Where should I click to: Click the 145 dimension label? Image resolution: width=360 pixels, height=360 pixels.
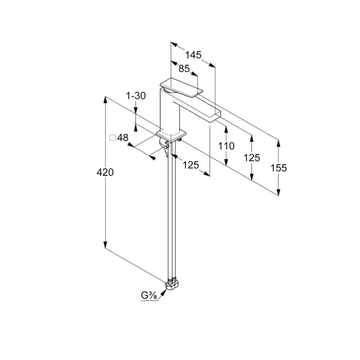tap(193, 55)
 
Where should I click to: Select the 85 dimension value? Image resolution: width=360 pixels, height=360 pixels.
tap(184, 69)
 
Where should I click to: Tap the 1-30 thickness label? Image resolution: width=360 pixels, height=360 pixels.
tap(136, 96)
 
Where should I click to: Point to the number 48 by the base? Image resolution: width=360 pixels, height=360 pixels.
tap(123, 138)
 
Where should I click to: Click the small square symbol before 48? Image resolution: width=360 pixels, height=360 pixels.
tap(112, 138)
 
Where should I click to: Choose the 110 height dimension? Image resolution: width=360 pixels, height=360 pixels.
tap(226, 145)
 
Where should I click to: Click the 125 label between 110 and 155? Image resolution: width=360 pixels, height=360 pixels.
tap(252, 158)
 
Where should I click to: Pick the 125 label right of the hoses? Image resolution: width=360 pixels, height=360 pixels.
tap(191, 165)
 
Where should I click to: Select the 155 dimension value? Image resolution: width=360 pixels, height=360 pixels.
tap(279, 168)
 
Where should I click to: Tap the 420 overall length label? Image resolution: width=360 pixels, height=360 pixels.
tap(105, 172)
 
